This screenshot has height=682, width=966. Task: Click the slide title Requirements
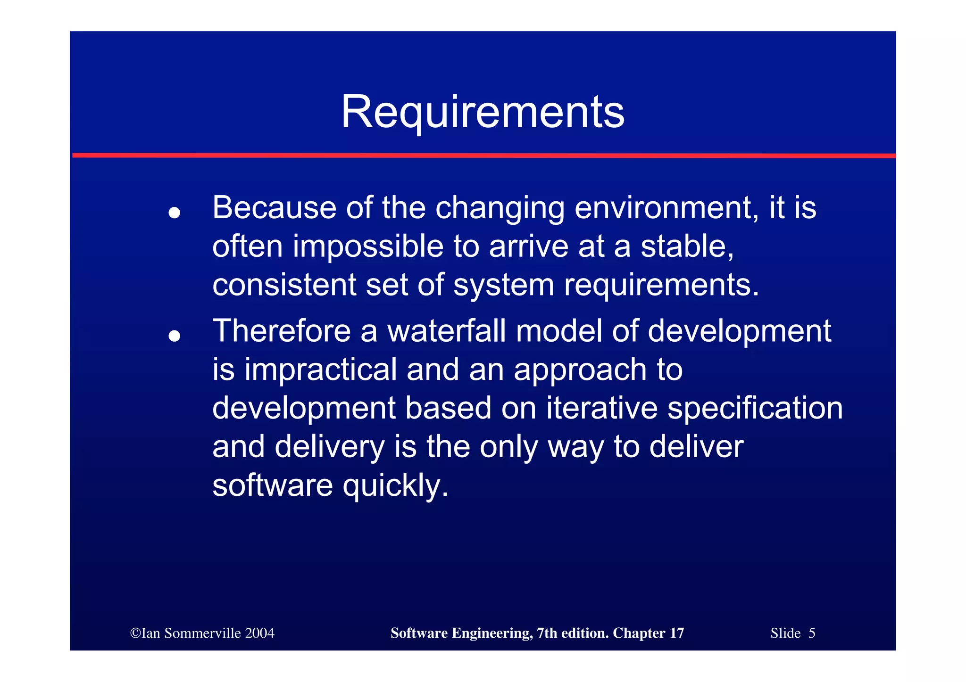pos(483,112)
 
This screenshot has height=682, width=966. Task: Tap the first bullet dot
pos(175,213)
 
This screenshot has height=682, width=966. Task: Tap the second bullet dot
pos(175,336)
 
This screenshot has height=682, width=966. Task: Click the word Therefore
pos(282,331)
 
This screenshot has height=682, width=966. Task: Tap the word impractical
pos(321,370)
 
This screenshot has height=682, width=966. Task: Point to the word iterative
pos(601,408)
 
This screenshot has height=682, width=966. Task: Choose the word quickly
pos(395,485)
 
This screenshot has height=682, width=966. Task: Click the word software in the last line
pos(273,485)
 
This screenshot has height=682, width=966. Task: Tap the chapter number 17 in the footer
pos(677,633)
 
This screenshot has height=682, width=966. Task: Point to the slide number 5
pos(812,633)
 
